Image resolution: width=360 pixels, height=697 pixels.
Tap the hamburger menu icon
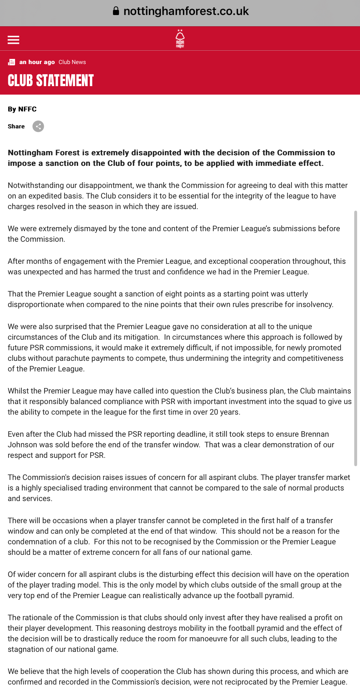(x=13, y=40)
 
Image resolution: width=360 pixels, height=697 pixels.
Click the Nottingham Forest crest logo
(x=180, y=39)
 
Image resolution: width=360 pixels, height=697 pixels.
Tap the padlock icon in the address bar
(x=116, y=11)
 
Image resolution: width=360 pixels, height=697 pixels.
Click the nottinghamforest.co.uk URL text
(x=186, y=11)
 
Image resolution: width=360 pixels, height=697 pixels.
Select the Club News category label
(x=72, y=62)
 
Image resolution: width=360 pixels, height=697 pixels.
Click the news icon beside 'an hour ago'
(x=12, y=62)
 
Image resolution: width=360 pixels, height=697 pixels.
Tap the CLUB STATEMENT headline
(x=51, y=80)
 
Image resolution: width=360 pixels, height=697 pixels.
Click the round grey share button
(x=38, y=126)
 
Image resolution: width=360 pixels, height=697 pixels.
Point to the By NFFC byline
(x=22, y=109)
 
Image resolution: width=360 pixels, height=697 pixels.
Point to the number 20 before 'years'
(x=213, y=412)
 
